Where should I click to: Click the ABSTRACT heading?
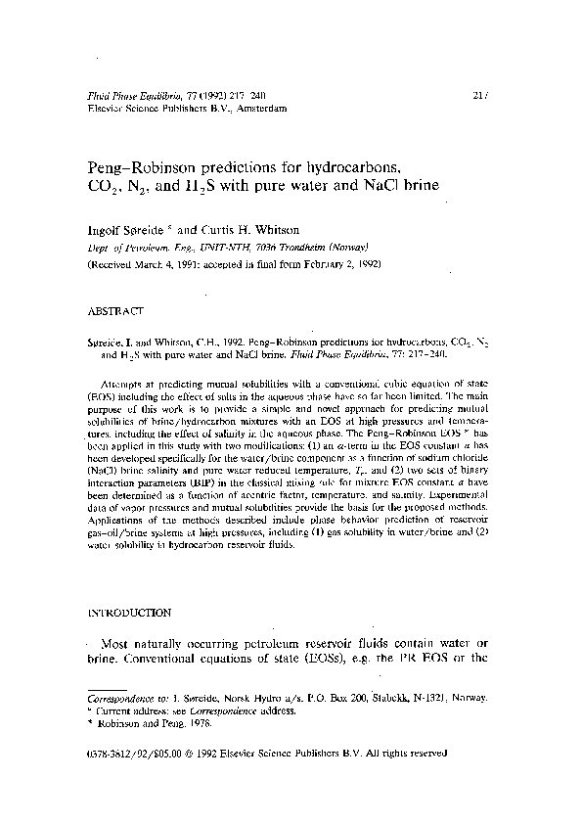point(115,310)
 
